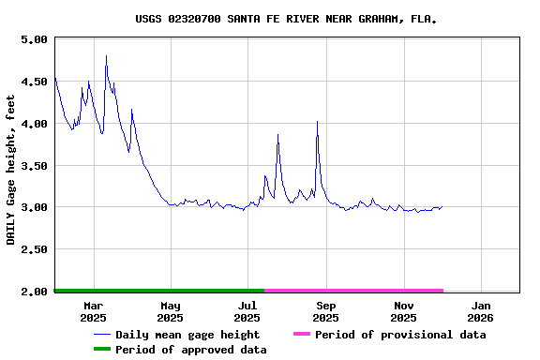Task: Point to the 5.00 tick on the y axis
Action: [x=33, y=39]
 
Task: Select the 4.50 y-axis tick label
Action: [x=33, y=82]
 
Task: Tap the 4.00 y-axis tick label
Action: [x=33, y=124]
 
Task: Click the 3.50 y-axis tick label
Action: [x=33, y=166]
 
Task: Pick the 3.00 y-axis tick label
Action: [x=33, y=207]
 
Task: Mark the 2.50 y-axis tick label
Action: [x=33, y=249]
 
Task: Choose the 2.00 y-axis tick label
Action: [x=33, y=292]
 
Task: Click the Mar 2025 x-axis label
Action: [x=93, y=311]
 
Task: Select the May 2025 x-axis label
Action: [x=171, y=311]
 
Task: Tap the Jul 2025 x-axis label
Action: [x=247, y=311]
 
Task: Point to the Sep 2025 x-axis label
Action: [x=325, y=311]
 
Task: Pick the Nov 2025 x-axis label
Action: [x=403, y=311]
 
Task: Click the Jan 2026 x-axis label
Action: [x=480, y=311]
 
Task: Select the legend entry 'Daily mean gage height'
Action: [x=187, y=335]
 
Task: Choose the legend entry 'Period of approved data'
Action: [x=191, y=350]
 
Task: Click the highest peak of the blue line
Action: [x=106, y=56]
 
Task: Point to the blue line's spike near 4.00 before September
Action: [x=317, y=122]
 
